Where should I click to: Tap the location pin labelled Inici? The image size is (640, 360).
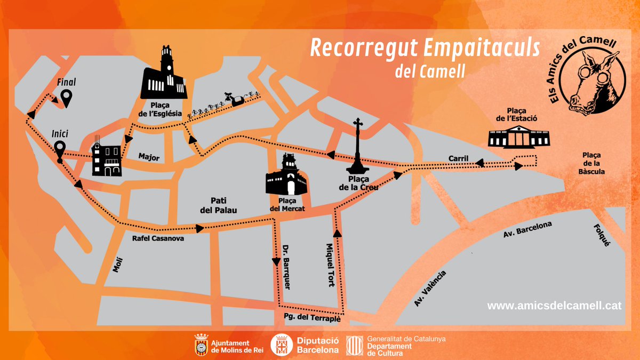point(60,149)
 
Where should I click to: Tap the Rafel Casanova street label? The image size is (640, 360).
point(158,239)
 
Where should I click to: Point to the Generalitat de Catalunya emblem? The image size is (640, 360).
point(355,346)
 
